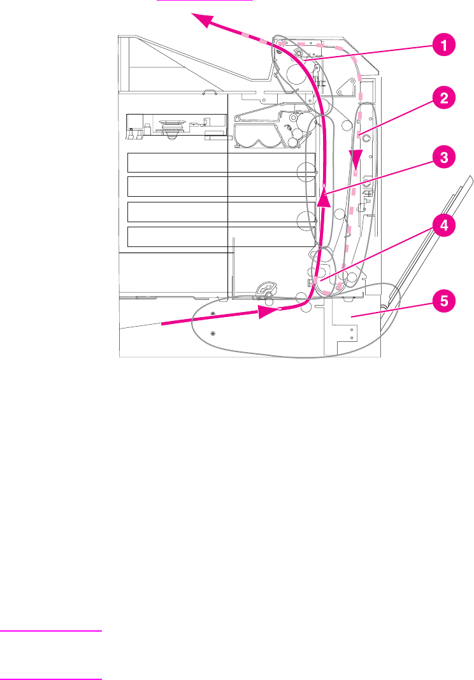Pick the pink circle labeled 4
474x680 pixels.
click(444, 225)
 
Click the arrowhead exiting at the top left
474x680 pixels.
click(203, 20)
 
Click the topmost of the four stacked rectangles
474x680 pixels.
click(221, 162)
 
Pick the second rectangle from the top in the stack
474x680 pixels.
click(221, 187)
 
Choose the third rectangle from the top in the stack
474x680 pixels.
click(221, 211)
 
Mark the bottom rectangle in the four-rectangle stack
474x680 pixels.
click(221, 236)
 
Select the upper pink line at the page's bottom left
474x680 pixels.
click(51, 631)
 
